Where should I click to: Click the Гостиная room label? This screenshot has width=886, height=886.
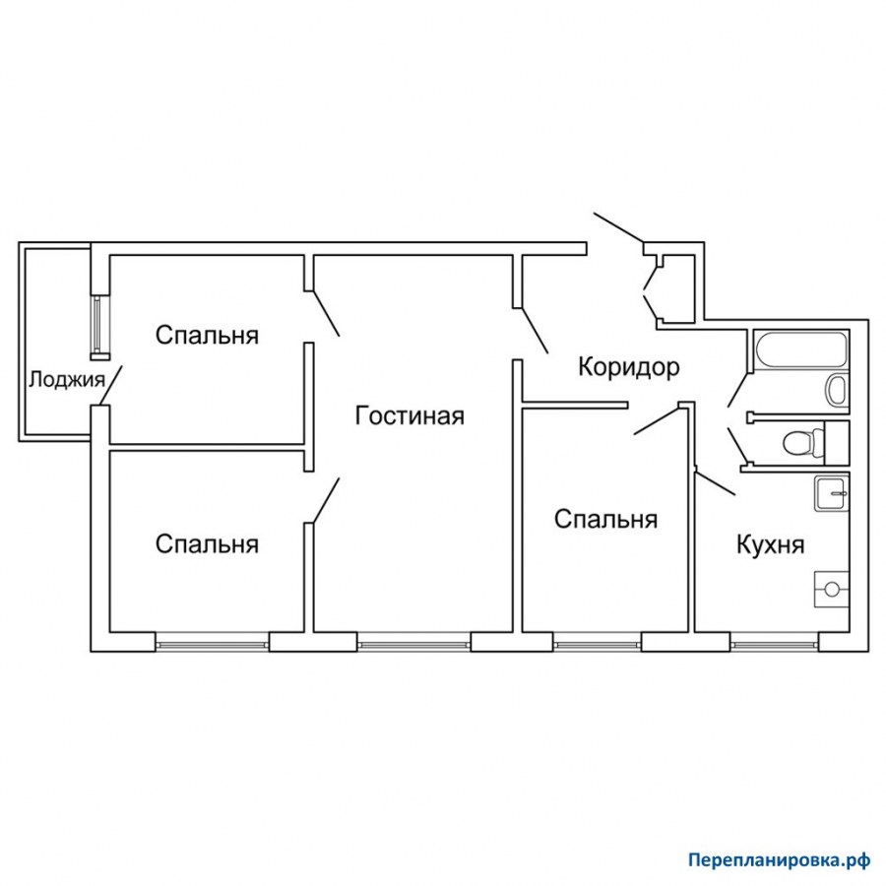tap(410, 415)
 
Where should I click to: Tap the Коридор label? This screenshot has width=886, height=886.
tap(629, 367)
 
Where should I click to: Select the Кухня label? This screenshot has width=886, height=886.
tap(770, 544)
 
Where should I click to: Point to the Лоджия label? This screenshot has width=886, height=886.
tap(67, 380)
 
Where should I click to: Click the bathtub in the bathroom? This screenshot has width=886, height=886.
tap(800, 350)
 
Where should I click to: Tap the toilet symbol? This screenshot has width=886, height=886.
tap(804, 442)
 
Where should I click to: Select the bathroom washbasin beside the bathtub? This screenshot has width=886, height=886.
tap(836, 389)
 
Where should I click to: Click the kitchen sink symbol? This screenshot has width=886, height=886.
tap(831, 493)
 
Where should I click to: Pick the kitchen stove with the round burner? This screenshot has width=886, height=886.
tap(831, 590)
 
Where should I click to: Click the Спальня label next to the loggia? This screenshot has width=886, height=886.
tap(207, 335)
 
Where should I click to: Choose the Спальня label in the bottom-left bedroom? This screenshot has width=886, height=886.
tap(207, 544)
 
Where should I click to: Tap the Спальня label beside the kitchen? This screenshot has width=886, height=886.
tap(605, 519)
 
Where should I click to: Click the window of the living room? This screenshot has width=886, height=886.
tap(414, 643)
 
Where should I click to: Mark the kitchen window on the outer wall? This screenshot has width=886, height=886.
tap(774, 643)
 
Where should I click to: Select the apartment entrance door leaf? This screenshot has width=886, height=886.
tap(619, 227)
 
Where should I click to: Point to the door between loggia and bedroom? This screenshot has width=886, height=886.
tap(110, 385)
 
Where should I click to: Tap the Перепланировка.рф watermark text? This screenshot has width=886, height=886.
tap(780, 860)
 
